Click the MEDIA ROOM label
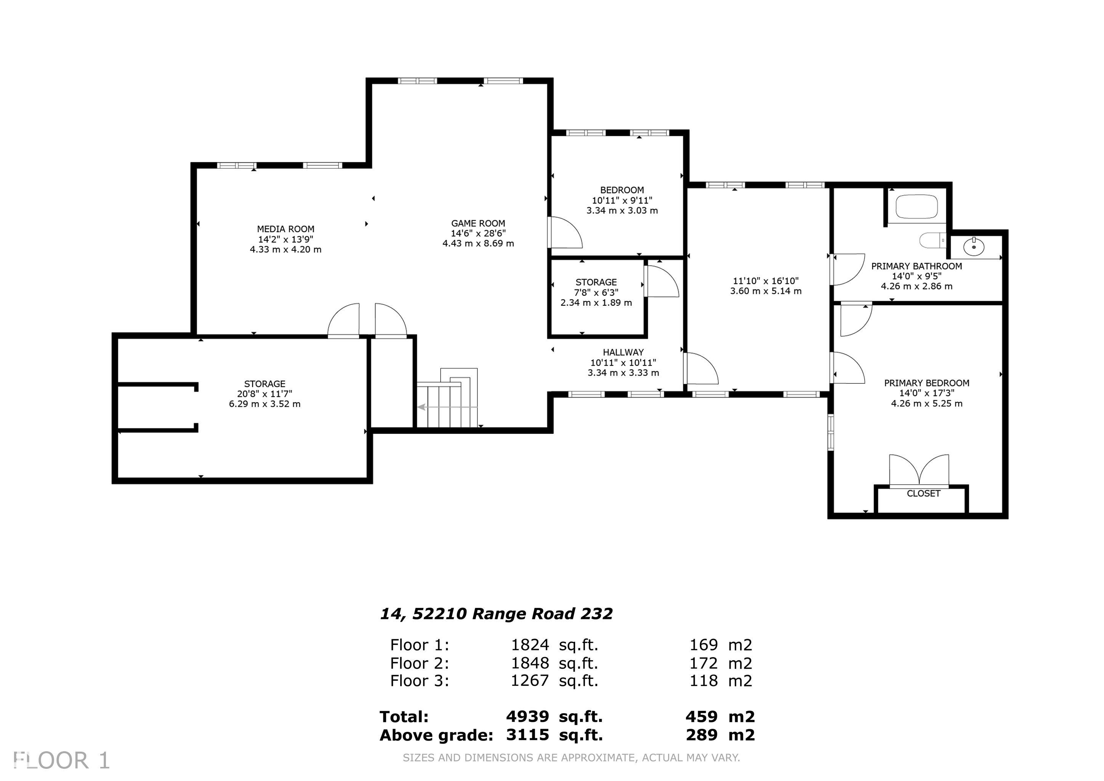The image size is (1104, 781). [285, 229]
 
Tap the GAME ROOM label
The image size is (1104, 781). [478, 223]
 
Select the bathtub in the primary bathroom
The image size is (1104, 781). [917, 207]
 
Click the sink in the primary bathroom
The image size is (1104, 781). [974, 247]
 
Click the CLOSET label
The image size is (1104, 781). [923, 494]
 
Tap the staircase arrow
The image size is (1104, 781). [447, 407]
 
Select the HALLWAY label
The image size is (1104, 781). [623, 353]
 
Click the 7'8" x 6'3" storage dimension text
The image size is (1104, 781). [596, 292]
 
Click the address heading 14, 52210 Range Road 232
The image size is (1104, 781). [496, 614]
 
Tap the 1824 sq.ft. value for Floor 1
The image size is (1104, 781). [554, 645]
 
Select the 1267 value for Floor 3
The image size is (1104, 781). [529, 680]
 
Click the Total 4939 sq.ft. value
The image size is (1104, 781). [554, 717]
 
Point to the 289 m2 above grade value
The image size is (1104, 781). [720, 735]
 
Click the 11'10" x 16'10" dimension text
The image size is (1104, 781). [766, 281]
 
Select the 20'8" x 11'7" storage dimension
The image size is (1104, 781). [264, 394]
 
